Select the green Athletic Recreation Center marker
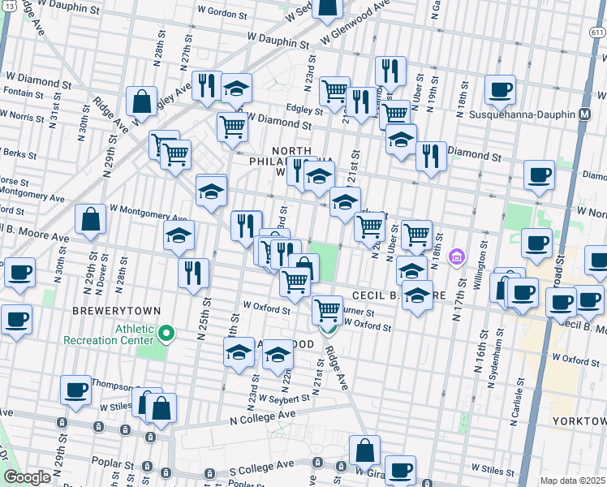click(166, 333)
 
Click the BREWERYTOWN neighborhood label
click(117, 311)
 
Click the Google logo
click(27, 477)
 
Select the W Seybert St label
click(280, 398)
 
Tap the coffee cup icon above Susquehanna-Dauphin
click(501, 88)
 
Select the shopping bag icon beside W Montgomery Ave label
click(91, 219)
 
